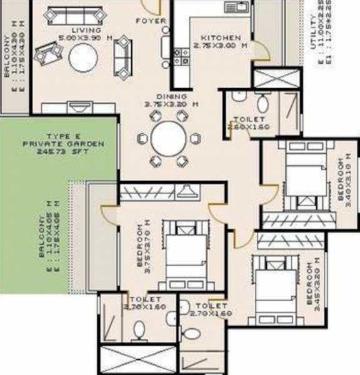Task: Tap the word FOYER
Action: coord(151,21)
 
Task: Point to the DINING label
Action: coord(172,97)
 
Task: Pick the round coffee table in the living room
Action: coord(83,59)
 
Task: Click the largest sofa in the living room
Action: coord(70,15)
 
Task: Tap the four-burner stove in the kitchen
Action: coord(181,56)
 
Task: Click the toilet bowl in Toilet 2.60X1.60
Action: coord(263,102)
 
